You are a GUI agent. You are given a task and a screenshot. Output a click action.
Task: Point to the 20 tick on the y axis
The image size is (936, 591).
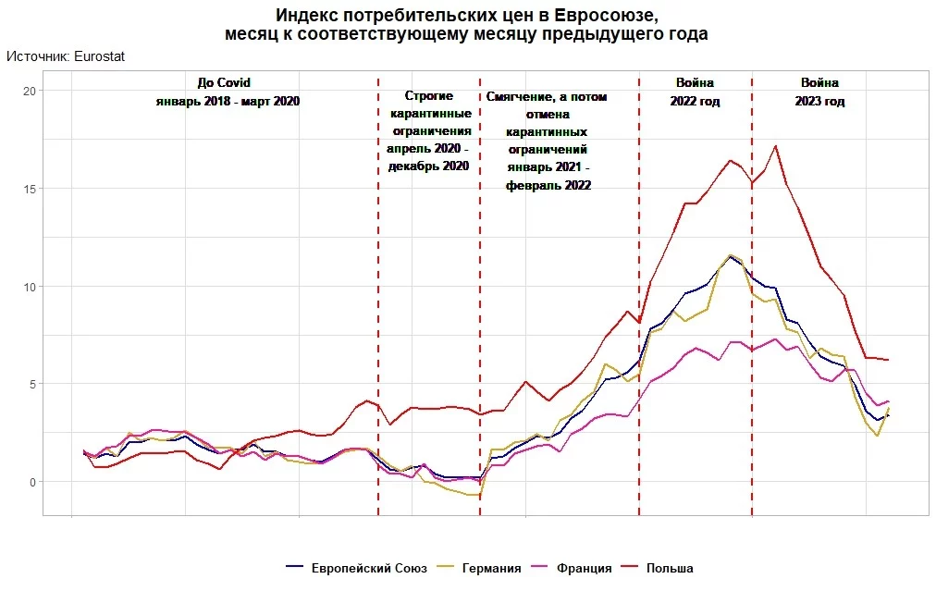[x=29, y=91]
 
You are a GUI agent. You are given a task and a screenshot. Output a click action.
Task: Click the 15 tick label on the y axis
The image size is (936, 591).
[x=29, y=189]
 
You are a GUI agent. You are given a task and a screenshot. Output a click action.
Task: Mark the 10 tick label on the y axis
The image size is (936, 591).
[x=29, y=287]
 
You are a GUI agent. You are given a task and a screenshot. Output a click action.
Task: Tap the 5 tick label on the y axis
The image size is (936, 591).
[x=31, y=384]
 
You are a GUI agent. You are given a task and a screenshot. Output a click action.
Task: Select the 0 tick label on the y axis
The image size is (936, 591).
[x=31, y=482]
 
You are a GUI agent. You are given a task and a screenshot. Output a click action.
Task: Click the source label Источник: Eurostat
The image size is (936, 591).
[x=66, y=56]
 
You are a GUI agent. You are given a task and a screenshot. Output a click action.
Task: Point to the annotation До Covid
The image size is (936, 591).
[x=224, y=82]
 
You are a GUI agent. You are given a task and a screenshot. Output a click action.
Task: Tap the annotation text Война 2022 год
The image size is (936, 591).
[x=695, y=92]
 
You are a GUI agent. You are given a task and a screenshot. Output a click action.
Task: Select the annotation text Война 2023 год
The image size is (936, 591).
[x=819, y=92]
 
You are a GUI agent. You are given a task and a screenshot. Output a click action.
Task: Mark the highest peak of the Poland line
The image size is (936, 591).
[x=775, y=145]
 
